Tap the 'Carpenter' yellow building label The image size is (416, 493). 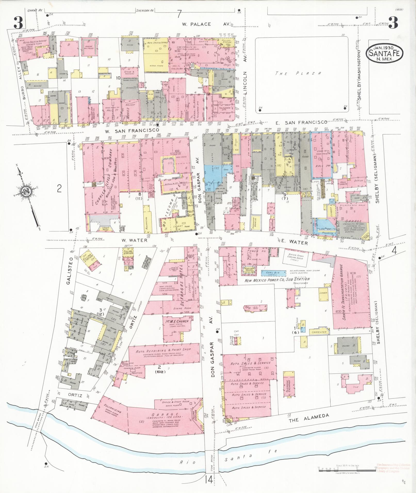coord(319,332)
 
